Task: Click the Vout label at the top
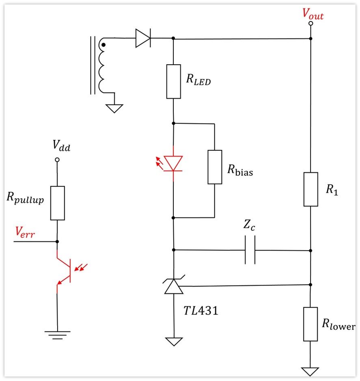point(313,14)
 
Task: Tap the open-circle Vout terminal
point(310,23)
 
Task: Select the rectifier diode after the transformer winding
point(143,38)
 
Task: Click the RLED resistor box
point(173,81)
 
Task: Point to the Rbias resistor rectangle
point(215,167)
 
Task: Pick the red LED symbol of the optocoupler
point(171,163)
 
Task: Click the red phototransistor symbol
point(70,271)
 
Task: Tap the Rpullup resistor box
point(58,203)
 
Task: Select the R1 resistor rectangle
point(311,189)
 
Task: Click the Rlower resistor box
point(310,324)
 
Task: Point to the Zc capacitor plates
point(250,250)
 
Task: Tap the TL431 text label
point(201,311)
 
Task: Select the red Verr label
point(25,232)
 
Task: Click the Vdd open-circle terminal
point(57,160)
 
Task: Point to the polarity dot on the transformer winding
point(103,45)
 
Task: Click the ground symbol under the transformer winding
point(114,108)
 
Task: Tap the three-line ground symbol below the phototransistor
point(58,335)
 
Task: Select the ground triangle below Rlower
point(310,372)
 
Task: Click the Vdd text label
point(61,145)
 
